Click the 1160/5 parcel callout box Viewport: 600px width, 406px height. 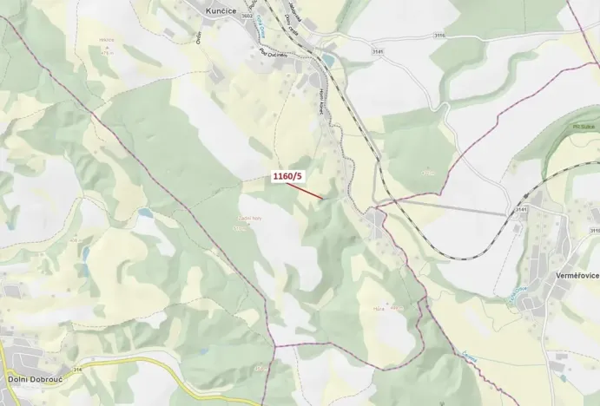pos(287,176)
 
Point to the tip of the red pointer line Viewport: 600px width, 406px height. pos(324,199)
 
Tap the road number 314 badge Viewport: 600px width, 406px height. pos(77,370)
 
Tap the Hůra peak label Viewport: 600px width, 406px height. pos(379,306)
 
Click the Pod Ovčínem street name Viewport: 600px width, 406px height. pos(274,54)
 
